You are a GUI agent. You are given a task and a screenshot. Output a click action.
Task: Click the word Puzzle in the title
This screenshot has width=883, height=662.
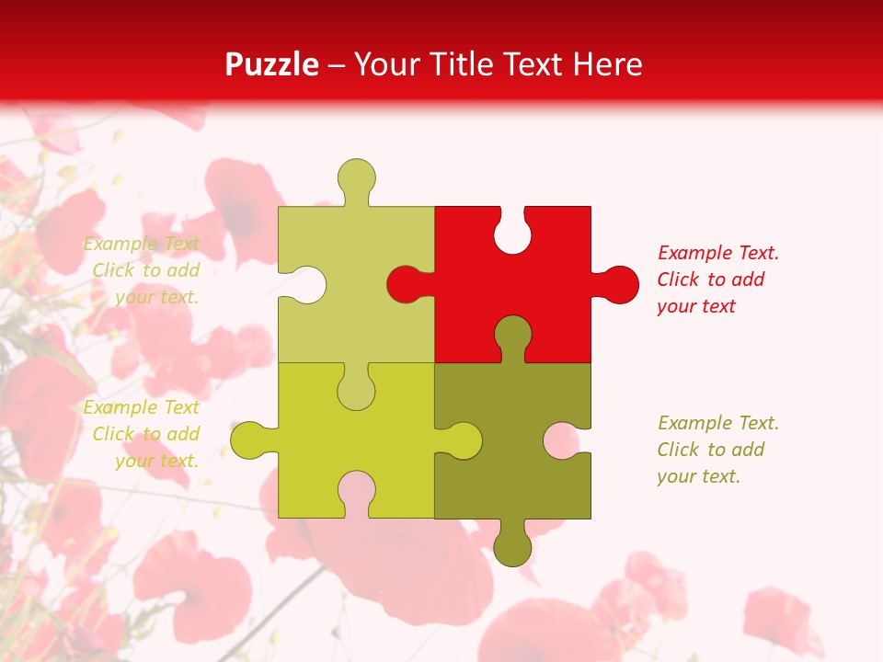272,64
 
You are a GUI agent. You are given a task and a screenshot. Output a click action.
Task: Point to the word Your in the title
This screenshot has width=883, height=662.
385,64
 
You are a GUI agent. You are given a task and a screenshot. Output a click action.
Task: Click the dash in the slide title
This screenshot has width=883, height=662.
337,65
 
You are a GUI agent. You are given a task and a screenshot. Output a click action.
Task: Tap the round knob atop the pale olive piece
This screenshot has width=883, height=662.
356,177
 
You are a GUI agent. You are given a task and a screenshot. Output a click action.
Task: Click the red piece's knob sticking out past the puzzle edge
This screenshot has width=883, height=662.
617,284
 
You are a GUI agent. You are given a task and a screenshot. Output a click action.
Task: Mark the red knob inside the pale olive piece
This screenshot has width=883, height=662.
406,284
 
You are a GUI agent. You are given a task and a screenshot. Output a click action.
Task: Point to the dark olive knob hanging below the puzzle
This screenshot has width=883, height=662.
512,546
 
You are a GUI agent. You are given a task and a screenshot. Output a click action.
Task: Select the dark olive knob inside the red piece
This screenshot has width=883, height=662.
512,336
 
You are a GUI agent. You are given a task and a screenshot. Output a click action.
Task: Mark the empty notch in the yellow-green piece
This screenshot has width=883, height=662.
356,491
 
